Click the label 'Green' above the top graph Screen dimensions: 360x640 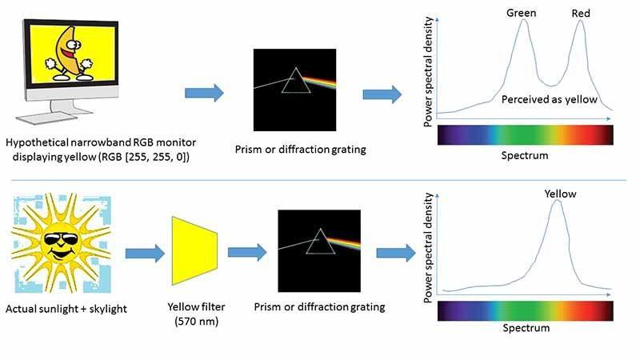(x=521, y=13)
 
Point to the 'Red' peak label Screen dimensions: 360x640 (x=581, y=13)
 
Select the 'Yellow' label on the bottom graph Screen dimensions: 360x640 (x=560, y=193)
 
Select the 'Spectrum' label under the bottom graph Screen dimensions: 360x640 (x=526, y=328)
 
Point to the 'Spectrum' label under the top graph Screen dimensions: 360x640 (x=526, y=155)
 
